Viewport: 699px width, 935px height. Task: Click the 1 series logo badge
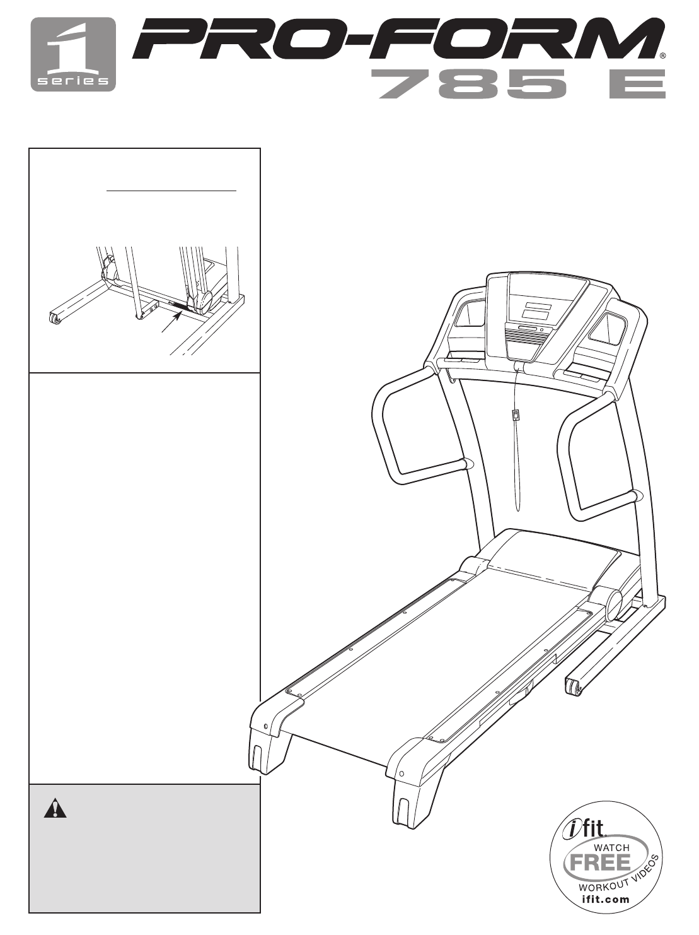(73, 54)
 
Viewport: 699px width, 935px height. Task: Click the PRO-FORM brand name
(397, 40)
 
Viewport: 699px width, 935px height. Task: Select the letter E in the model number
(636, 85)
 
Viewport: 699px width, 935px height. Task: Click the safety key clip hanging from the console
(516, 415)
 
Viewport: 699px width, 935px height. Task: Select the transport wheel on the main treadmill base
(573, 687)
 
